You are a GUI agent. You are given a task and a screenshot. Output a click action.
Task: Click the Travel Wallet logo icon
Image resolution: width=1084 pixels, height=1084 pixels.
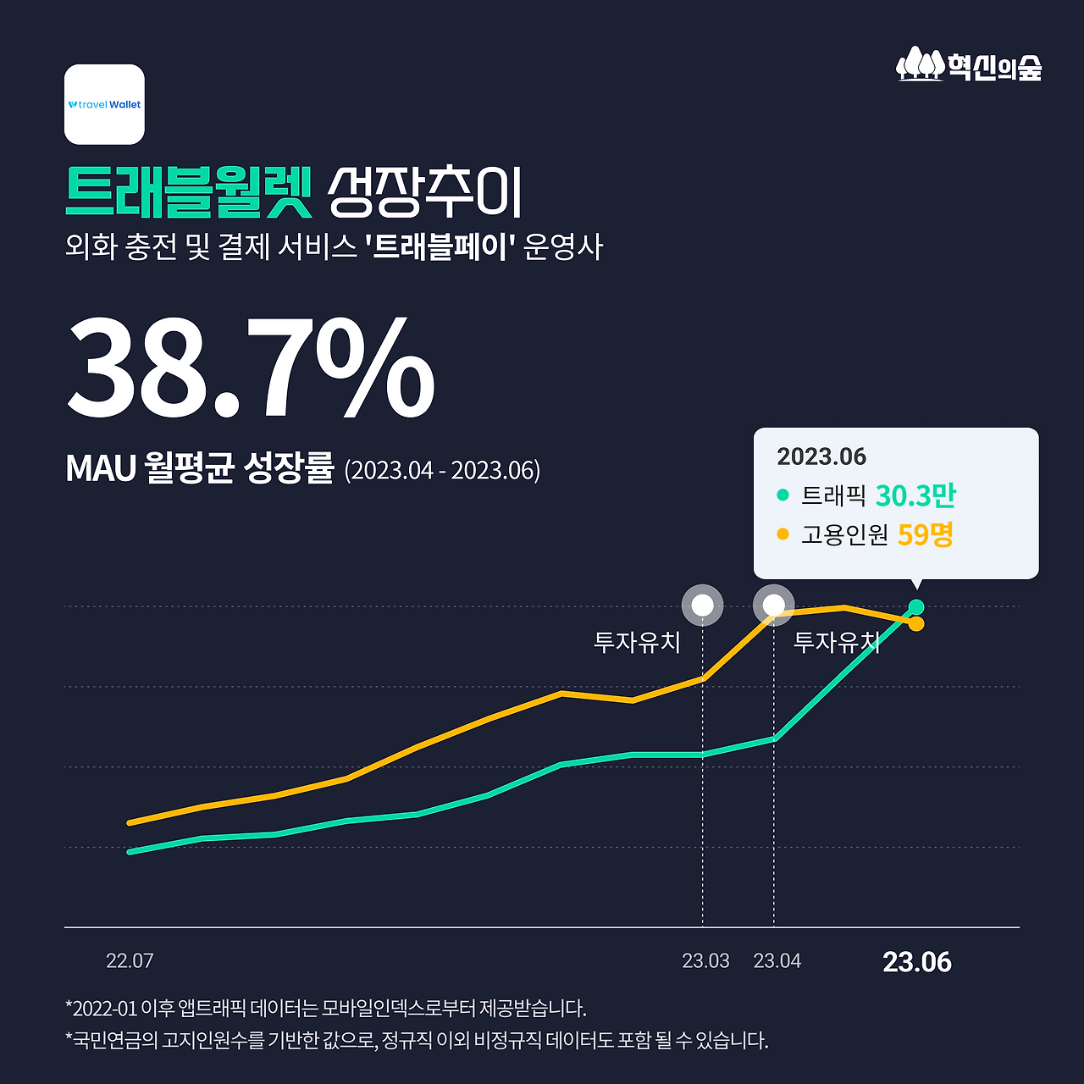pyautogui.click(x=104, y=104)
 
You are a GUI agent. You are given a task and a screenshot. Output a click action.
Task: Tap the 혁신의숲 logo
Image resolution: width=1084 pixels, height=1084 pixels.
pyautogui.click(x=969, y=65)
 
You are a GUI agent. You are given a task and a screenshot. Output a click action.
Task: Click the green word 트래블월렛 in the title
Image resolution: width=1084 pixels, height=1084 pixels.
pyautogui.click(x=189, y=192)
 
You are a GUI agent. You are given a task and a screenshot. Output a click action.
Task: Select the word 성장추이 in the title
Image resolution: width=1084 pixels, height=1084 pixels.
pyautogui.click(x=425, y=192)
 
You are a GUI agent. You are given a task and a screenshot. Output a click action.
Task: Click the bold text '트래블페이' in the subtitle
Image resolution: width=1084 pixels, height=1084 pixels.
pyautogui.click(x=440, y=246)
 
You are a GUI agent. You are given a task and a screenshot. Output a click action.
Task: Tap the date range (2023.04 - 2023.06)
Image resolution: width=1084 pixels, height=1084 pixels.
pyautogui.click(x=442, y=469)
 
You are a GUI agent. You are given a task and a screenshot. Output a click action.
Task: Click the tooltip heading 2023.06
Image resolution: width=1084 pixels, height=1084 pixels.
pyautogui.click(x=821, y=456)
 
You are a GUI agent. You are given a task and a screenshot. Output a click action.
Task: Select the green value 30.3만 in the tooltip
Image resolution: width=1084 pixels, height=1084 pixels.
pyautogui.click(x=915, y=495)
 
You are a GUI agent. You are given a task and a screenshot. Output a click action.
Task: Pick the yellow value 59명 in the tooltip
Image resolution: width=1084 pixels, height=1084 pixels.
pyautogui.click(x=926, y=534)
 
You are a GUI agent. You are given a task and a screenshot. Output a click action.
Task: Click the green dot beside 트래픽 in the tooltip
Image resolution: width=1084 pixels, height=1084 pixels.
pyautogui.click(x=783, y=495)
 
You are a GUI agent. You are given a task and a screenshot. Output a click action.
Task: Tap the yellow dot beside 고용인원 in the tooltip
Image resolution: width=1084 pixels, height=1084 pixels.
pyautogui.click(x=783, y=534)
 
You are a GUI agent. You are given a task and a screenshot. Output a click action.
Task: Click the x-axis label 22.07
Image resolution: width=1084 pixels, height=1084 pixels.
pyautogui.click(x=130, y=961)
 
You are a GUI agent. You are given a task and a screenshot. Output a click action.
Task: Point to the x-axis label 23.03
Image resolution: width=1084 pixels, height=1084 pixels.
pyautogui.click(x=705, y=961)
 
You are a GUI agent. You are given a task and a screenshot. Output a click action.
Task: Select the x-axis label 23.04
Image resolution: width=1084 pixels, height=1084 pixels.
pyautogui.click(x=777, y=961)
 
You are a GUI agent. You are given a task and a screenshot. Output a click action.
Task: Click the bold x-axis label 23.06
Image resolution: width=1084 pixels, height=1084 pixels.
pyautogui.click(x=917, y=962)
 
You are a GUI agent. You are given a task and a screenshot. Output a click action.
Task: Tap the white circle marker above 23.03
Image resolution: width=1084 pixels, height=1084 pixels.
pyautogui.click(x=703, y=606)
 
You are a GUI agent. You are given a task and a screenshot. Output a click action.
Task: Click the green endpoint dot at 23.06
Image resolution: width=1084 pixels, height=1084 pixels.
pyautogui.click(x=916, y=606)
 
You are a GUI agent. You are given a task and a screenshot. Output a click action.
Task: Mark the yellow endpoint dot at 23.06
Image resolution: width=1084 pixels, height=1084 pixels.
pyautogui.click(x=916, y=624)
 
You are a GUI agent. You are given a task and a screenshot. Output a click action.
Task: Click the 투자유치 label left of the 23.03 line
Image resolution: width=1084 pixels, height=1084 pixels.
pyautogui.click(x=637, y=642)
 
